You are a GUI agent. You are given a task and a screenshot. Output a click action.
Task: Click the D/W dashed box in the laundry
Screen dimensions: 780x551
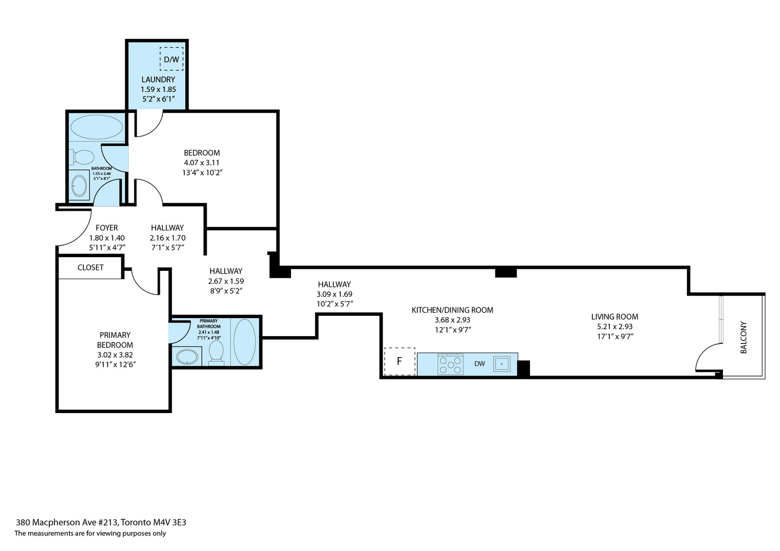pyautogui.click(x=171, y=59)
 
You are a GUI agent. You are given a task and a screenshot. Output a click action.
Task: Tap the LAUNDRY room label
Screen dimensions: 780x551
pyautogui.click(x=158, y=79)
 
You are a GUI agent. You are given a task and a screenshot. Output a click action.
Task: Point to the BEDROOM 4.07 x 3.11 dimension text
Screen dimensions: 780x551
pyautogui.click(x=201, y=162)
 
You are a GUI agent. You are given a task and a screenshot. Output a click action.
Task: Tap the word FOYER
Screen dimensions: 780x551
pyautogui.click(x=106, y=228)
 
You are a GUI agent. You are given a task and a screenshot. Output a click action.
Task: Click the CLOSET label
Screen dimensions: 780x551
pyautogui.click(x=90, y=267)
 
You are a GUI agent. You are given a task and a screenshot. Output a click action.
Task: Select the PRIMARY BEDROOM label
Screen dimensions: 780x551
pyautogui.click(x=115, y=340)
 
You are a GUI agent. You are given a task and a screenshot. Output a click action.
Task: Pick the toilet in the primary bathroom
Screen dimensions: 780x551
pyautogui.click(x=215, y=351)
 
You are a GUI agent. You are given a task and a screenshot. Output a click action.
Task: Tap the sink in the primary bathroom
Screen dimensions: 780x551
pyautogui.click(x=187, y=357)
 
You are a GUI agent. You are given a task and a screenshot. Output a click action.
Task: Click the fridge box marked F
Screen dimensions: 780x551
pyautogui.click(x=399, y=361)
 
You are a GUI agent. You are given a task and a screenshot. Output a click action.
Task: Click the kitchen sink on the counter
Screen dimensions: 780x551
pyautogui.click(x=502, y=364)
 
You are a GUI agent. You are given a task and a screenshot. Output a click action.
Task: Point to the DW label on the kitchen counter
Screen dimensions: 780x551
pyautogui.click(x=479, y=364)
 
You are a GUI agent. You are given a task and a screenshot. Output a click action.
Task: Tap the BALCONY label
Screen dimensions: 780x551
pyautogui.click(x=743, y=337)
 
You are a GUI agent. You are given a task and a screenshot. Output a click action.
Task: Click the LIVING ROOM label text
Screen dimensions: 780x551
pyautogui.click(x=614, y=317)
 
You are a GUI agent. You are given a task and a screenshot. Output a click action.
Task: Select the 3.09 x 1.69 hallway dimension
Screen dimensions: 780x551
pyautogui.click(x=334, y=294)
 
